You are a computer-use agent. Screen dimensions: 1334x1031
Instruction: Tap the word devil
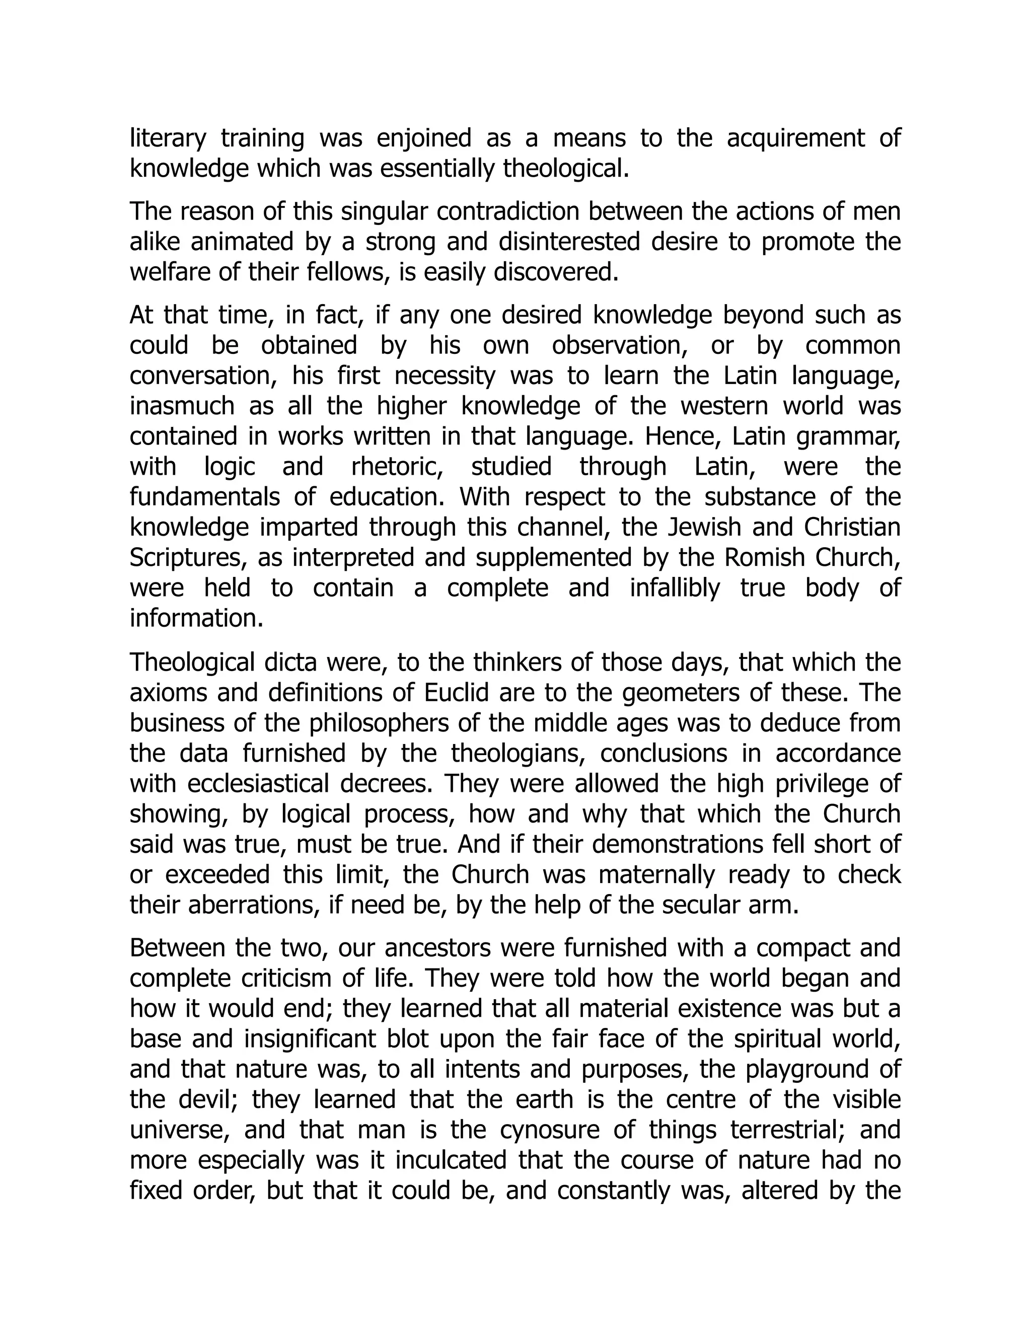click(206, 1100)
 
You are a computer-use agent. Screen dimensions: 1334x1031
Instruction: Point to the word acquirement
click(796, 138)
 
